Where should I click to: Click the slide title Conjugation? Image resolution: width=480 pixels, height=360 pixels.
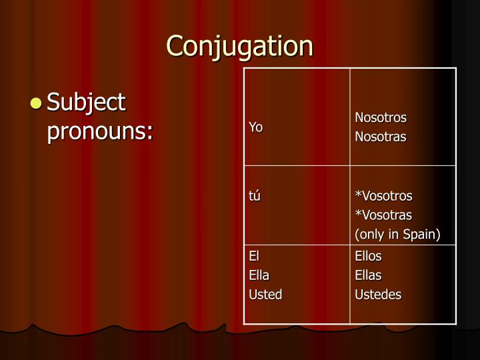tap(239, 46)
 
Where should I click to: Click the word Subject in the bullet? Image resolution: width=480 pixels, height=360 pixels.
tap(86, 103)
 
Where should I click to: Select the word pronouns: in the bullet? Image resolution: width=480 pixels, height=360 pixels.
tap(100, 131)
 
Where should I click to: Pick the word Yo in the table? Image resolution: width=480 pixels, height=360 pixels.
tap(255, 127)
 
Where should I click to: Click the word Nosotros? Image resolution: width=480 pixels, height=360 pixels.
tap(380, 118)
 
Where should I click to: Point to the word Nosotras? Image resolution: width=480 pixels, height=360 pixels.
tap(380, 137)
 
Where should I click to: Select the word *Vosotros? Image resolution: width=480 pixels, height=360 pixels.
tap(383, 196)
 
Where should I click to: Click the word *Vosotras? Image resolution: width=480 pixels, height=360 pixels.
tap(383, 215)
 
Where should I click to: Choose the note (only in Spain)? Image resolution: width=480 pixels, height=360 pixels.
tap(397, 235)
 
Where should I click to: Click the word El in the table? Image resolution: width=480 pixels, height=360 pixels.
tap(254, 256)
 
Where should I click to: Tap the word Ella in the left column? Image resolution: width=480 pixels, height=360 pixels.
tap(259, 275)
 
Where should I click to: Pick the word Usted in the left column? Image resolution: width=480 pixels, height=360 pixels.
tap(265, 294)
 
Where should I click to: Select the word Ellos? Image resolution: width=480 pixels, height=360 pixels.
tap(368, 256)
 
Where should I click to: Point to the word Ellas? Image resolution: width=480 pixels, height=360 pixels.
tap(368, 275)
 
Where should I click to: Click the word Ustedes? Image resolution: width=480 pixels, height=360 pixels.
tap(378, 294)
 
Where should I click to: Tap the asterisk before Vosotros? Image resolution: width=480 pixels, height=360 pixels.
tap(357, 195)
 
